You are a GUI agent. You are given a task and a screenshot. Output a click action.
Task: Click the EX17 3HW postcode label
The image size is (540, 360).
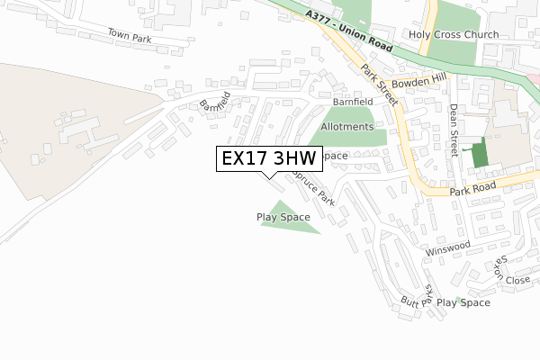click(x=269, y=158)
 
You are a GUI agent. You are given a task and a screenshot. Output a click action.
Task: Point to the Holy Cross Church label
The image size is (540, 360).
click(x=453, y=35)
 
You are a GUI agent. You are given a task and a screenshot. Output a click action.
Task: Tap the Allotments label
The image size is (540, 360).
click(x=346, y=127)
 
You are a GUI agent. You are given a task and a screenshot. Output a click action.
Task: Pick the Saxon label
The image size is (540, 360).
click(x=498, y=265)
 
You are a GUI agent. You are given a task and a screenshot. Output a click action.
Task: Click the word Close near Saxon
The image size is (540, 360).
click(x=517, y=280)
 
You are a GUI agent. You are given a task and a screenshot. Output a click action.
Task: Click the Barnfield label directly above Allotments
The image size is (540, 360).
click(x=351, y=103)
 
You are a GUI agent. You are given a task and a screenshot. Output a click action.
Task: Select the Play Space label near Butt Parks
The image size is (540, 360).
click(x=463, y=303)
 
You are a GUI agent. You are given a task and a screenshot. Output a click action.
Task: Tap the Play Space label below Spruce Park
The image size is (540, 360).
click(x=283, y=217)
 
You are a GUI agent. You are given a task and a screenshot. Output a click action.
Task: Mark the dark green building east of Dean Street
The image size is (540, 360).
click(x=480, y=152)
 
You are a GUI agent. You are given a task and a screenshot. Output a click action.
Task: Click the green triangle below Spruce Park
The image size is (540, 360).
click(x=286, y=221)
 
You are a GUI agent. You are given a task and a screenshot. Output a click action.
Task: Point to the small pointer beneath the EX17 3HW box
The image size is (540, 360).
click(x=269, y=175)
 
